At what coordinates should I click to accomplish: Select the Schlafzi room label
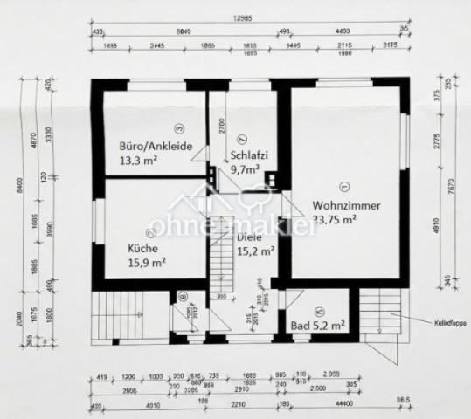[249, 156]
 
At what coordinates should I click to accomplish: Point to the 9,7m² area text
[246, 170]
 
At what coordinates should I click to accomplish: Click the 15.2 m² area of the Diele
[256, 250]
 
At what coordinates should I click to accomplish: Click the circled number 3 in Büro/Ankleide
[177, 129]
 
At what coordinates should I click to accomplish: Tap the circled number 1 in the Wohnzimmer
[343, 184]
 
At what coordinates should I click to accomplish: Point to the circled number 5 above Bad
[319, 310]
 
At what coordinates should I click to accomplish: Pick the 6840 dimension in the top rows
[184, 31]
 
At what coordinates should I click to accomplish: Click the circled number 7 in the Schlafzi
[243, 137]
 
